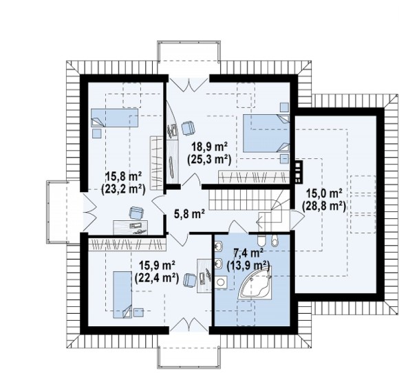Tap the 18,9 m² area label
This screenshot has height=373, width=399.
(209, 147)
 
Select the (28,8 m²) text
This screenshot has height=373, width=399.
(324, 206)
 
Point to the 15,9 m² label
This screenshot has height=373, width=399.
(157, 266)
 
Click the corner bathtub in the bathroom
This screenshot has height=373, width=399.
(255, 283)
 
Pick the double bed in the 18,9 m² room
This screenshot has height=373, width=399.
(266, 133)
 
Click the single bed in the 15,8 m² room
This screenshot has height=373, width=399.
(114, 118)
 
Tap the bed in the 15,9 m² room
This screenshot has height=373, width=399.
(122, 295)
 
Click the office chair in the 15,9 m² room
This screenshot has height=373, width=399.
(190, 280)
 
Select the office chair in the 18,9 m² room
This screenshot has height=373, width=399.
(188, 128)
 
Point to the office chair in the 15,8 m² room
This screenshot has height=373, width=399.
(136, 213)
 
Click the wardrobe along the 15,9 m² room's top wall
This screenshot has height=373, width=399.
(127, 244)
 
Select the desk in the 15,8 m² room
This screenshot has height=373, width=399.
(131, 227)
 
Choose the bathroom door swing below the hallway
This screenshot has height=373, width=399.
(238, 226)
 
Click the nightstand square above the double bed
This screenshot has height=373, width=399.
(285, 107)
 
